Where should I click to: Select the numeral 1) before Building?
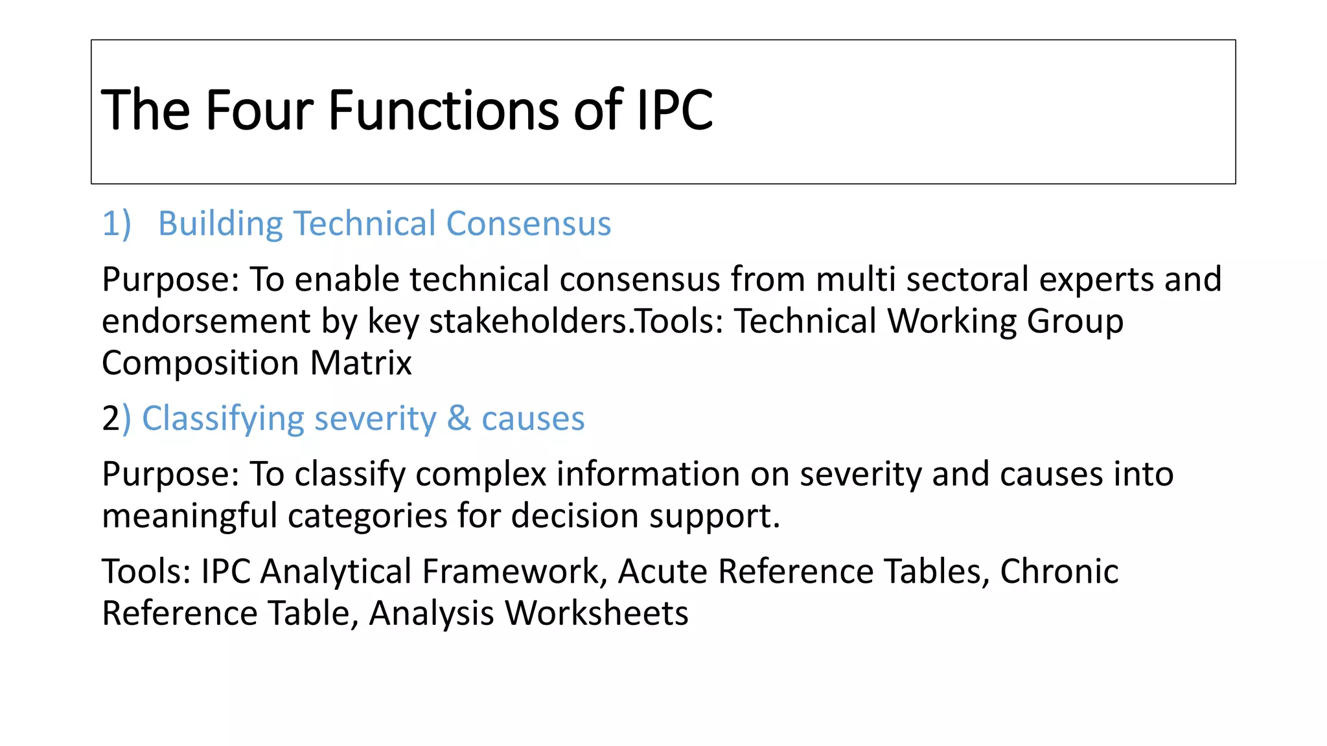pos(117,224)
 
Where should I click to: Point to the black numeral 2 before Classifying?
pos(110,418)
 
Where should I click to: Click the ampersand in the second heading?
pos(459,418)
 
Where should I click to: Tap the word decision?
pos(574,516)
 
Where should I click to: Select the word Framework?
pos(514,572)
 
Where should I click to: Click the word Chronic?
pos(1059,572)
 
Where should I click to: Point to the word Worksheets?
pos(596,613)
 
